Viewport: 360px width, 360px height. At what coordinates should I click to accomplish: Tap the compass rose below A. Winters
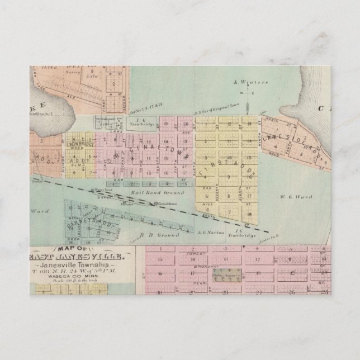[241, 94]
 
